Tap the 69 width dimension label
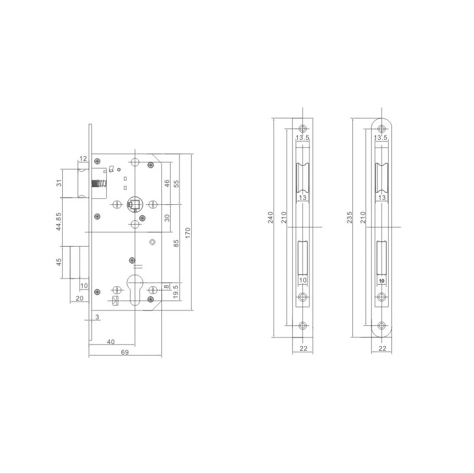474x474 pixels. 124,352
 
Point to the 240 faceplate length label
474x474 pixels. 270,218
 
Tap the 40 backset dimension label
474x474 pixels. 111,341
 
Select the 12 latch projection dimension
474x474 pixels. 84,159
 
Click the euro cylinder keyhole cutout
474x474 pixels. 135,290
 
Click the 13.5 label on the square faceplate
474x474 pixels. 303,137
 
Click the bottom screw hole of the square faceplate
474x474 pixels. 302,325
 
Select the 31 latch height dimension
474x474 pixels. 59,183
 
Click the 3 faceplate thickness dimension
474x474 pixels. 97,317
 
